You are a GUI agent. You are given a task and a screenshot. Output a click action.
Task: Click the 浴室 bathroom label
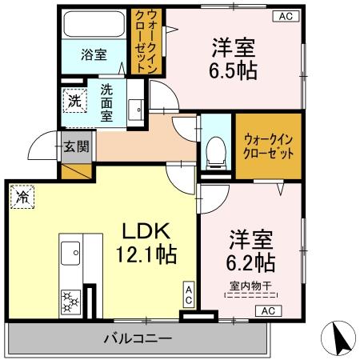pyautogui.click(x=94, y=55)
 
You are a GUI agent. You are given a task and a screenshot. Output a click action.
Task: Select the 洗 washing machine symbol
pyautogui.click(x=73, y=102)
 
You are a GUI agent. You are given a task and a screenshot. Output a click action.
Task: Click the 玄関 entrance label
pyautogui.click(x=77, y=148)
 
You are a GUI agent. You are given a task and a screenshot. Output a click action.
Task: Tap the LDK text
pyautogui.click(x=145, y=231)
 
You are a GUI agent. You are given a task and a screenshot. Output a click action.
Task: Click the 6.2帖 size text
pyautogui.click(x=253, y=262)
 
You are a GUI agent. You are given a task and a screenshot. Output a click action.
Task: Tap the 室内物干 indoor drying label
pyautogui.click(x=252, y=285)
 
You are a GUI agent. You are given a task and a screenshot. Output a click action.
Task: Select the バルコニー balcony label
pyautogui.click(x=137, y=338)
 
